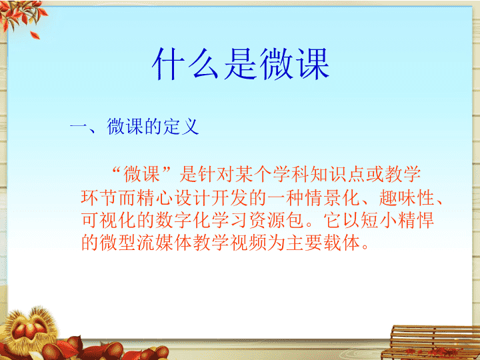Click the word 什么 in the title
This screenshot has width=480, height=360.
point(185,64)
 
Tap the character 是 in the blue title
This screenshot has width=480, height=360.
point(241,64)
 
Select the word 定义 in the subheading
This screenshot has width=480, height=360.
point(181,126)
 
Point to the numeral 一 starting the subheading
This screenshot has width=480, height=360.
point(79,126)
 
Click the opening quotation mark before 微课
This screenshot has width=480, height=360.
point(116,169)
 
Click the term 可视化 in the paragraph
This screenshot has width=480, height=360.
point(109,220)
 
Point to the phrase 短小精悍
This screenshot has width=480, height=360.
point(397,220)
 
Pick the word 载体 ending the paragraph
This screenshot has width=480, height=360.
point(341,243)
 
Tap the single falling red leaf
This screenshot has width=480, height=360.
point(35,35)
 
